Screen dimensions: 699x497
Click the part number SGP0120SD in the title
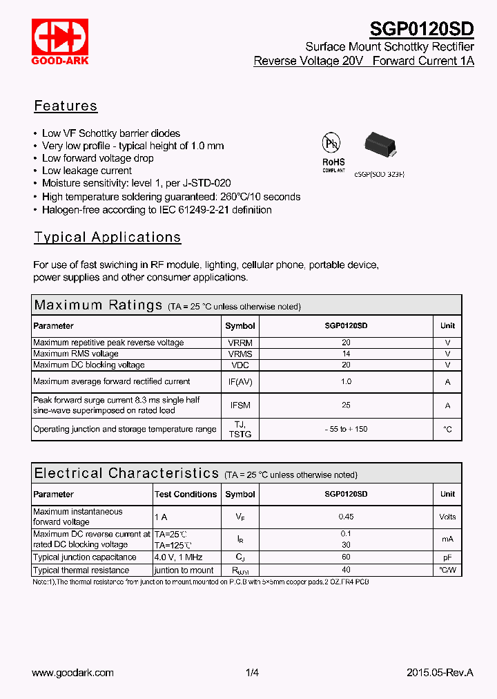(x=422, y=29)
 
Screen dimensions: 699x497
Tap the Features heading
(x=66, y=106)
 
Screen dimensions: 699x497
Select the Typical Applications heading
(x=108, y=237)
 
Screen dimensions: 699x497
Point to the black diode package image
(x=380, y=142)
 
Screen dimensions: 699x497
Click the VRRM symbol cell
(x=240, y=343)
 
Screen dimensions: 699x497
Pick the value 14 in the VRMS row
(x=346, y=354)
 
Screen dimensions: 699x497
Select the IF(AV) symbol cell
(x=240, y=381)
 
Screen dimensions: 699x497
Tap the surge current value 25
(x=346, y=405)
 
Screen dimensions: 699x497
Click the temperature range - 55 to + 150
(x=346, y=429)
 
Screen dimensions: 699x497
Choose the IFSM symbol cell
(x=240, y=405)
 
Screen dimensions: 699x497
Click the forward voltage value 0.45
(x=346, y=517)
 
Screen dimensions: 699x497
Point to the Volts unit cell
(x=447, y=517)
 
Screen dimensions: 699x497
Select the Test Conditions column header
(x=186, y=494)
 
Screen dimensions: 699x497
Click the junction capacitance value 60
(x=346, y=557)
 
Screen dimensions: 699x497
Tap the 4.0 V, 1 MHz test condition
(x=179, y=557)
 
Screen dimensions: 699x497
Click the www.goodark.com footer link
(x=72, y=672)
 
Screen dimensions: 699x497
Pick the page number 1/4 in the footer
(x=252, y=672)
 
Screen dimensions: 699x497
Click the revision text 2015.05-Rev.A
(x=440, y=672)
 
